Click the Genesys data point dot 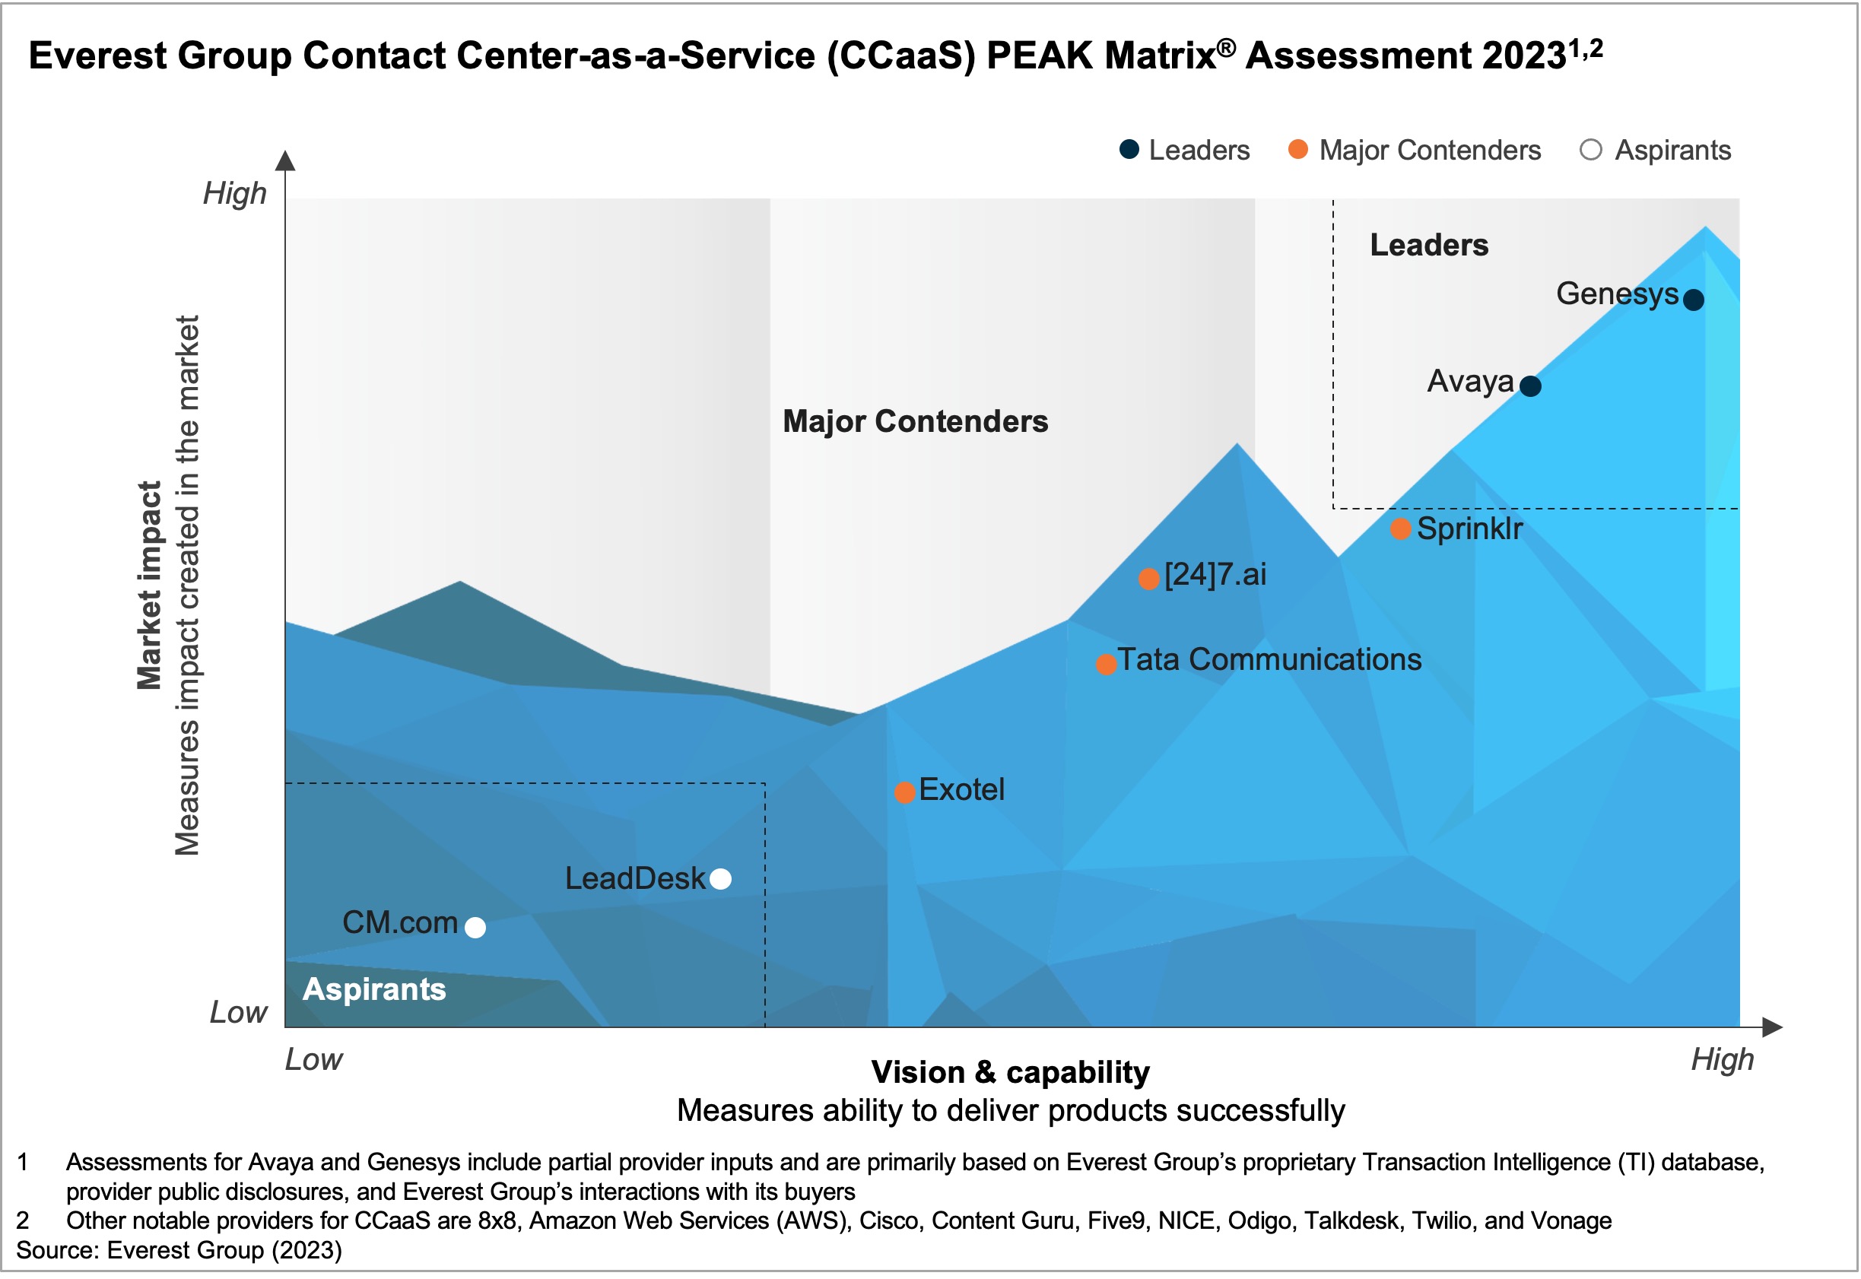click(1694, 300)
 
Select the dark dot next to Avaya click(1531, 386)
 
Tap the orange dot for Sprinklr click(1401, 530)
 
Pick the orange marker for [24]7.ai click(1149, 579)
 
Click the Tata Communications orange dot click(1107, 665)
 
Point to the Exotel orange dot click(905, 793)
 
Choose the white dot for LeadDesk click(721, 880)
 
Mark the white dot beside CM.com click(476, 928)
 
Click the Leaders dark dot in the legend click(1130, 150)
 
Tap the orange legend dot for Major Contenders click(1298, 150)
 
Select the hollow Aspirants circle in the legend click(1592, 150)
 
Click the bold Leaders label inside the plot click(1430, 245)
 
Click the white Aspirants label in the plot click(374, 990)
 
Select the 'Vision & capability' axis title click(1011, 1072)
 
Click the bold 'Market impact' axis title click(149, 586)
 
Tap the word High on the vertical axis click(235, 194)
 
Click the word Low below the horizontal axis click(314, 1060)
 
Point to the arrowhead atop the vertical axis click(285, 160)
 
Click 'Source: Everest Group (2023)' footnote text click(179, 1251)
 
